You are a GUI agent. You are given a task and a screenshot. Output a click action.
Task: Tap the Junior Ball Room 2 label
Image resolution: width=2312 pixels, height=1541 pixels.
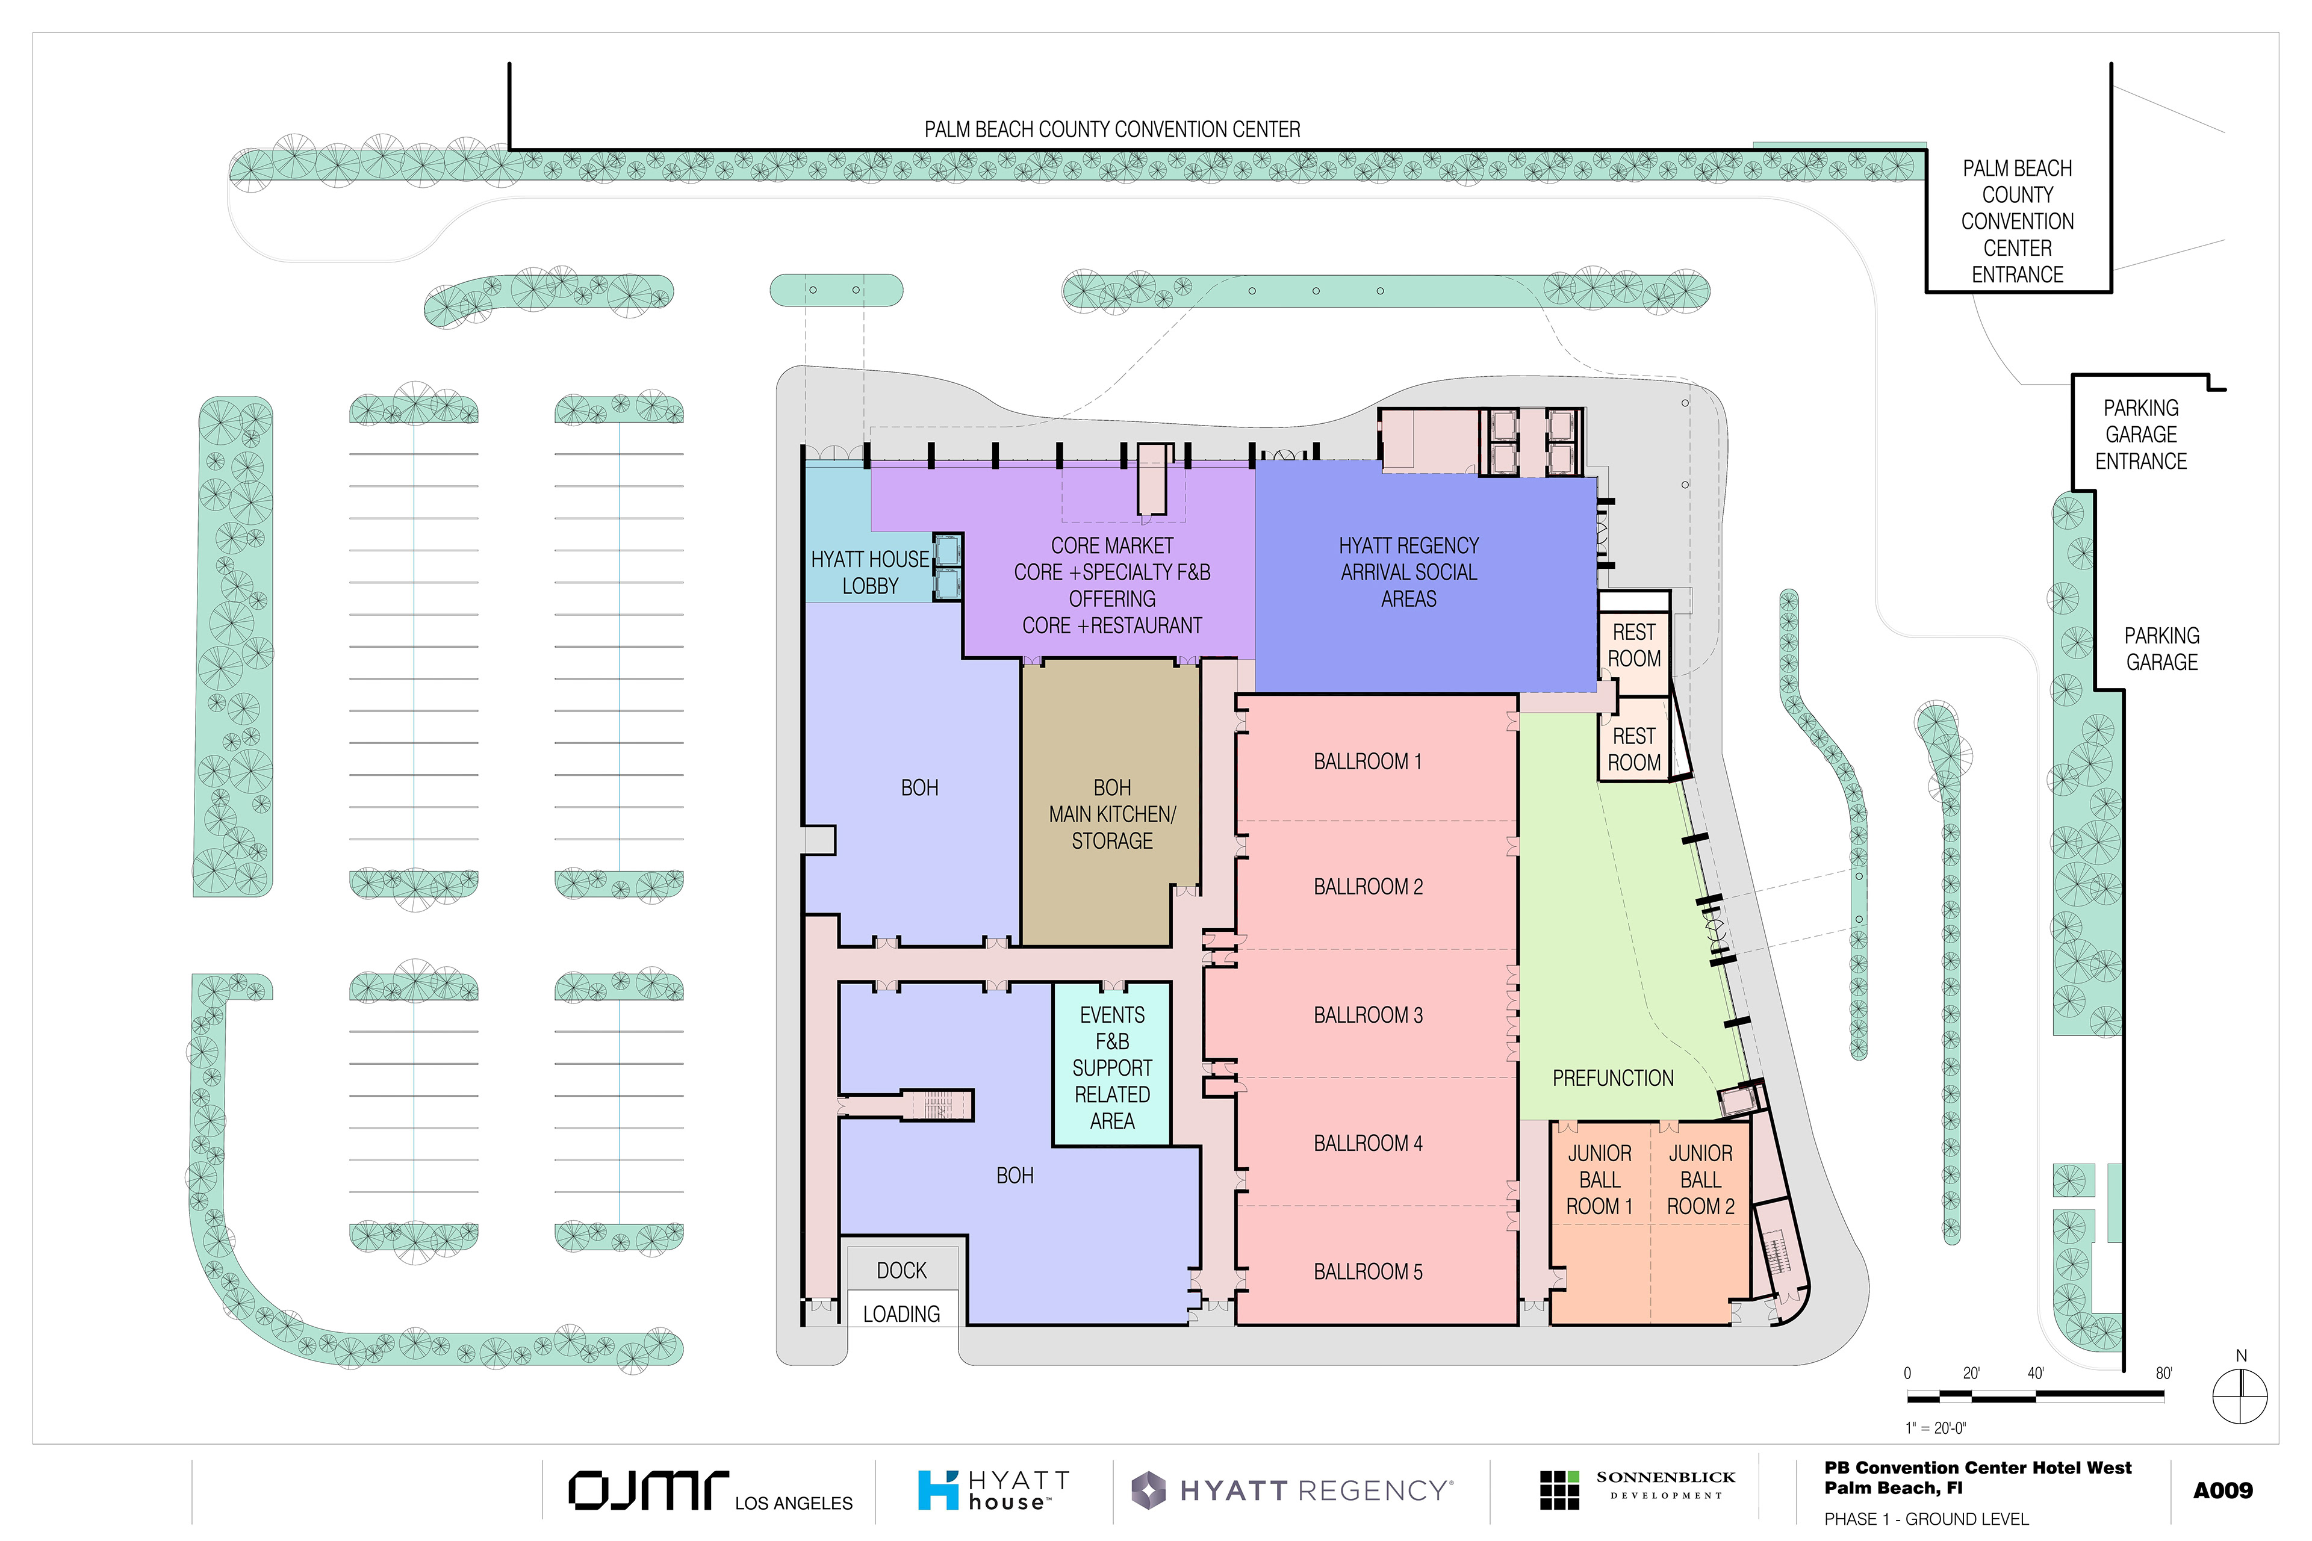click(1700, 1179)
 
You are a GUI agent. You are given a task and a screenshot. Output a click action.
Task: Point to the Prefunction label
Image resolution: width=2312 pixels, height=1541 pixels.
click(1612, 1078)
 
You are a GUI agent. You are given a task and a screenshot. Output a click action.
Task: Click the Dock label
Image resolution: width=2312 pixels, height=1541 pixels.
click(901, 1271)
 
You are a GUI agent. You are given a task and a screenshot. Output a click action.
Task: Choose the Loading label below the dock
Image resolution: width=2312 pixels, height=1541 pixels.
click(901, 1314)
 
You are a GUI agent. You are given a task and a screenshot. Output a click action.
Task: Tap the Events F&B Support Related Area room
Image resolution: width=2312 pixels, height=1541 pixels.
click(1112, 1064)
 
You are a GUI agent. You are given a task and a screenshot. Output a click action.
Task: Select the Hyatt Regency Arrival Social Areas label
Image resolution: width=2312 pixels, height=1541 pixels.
click(1409, 572)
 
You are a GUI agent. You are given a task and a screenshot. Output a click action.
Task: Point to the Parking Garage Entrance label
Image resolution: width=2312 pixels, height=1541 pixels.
click(2141, 435)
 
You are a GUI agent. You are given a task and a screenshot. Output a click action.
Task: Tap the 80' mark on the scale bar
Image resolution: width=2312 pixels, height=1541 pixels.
click(2163, 1373)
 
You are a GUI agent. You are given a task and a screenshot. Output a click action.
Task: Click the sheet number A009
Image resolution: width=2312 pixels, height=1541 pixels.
click(2222, 1490)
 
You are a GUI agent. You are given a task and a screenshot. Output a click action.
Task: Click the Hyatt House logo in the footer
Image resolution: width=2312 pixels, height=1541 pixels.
click(993, 1490)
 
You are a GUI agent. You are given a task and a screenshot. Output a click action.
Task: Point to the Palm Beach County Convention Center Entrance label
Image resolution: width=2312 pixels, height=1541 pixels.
click(2017, 221)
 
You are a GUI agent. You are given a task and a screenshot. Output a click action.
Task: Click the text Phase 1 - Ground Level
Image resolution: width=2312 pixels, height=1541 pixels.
click(1925, 1518)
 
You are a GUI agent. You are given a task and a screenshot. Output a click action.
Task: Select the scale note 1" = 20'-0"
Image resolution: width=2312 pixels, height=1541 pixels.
click(1936, 1427)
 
